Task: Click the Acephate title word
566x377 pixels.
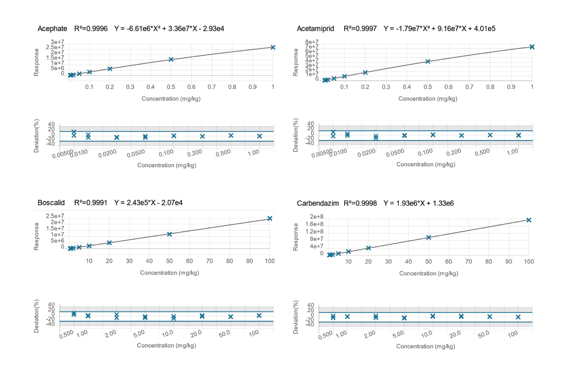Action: (x=52, y=29)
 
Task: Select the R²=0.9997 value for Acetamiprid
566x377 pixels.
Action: (x=360, y=29)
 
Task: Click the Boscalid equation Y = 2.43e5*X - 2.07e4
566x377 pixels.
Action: (x=148, y=203)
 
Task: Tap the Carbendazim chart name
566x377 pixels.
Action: (x=318, y=203)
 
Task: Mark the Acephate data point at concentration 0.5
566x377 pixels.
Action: (x=171, y=59)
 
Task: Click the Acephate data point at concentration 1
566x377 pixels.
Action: (x=273, y=48)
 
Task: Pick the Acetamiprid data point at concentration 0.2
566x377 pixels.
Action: (x=365, y=73)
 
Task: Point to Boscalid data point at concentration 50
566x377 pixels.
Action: (x=169, y=234)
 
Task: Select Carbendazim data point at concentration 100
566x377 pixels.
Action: (x=529, y=220)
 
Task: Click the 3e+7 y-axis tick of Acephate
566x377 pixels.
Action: (x=57, y=42)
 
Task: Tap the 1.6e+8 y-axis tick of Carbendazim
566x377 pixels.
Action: (x=314, y=224)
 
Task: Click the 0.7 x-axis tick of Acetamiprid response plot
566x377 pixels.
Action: (x=469, y=87)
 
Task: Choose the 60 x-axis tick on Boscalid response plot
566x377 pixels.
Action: (x=189, y=261)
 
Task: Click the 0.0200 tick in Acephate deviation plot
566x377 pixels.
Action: (x=108, y=154)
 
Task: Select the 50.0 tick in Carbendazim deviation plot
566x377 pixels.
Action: (x=484, y=335)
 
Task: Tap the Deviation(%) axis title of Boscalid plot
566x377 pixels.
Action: (x=36, y=316)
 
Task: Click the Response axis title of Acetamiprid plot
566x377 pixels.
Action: (x=295, y=62)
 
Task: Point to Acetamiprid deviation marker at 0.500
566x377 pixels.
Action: (x=490, y=135)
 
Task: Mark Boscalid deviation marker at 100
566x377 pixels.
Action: (x=259, y=316)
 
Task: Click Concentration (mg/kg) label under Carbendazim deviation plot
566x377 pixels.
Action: (x=425, y=346)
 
